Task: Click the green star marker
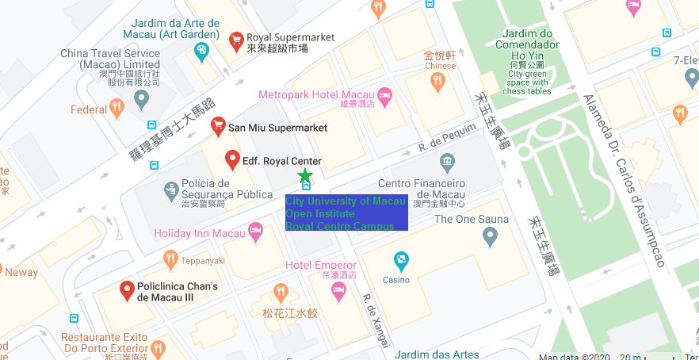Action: click(305, 174)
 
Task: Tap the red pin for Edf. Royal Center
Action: click(233, 159)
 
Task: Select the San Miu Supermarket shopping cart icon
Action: click(218, 126)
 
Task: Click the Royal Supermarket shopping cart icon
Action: click(235, 39)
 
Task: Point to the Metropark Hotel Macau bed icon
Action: click(385, 97)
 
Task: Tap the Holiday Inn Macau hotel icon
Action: click(255, 232)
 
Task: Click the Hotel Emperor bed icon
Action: click(339, 292)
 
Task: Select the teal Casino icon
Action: click(402, 260)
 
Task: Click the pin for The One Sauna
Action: click(490, 236)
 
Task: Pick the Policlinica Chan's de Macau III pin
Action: click(126, 291)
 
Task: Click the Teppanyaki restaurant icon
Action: click(170, 259)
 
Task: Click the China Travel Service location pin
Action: click(142, 99)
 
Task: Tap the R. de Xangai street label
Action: click(376, 320)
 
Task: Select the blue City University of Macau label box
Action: click(346, 213)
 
